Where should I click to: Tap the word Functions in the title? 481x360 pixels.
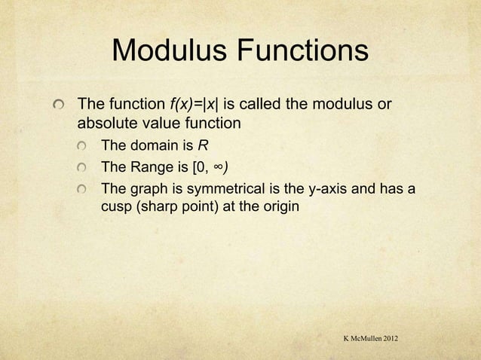[302, 52]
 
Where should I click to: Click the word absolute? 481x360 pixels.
[106, 121]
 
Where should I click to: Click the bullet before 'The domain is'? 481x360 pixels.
[90, 145]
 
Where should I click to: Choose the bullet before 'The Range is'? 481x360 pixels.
[90, 166]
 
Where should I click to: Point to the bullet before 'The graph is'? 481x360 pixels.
[90, 188]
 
